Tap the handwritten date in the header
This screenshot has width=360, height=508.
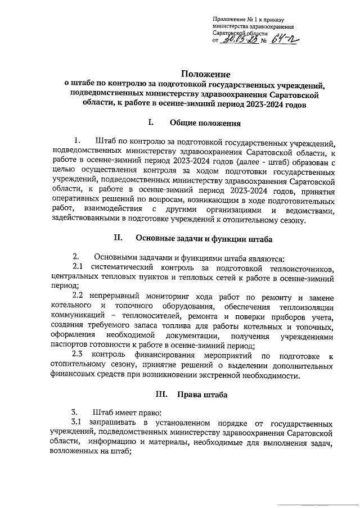pyautogui.click(x=233, y=40)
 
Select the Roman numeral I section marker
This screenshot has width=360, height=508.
pyautogui.click(x=150, y=123)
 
